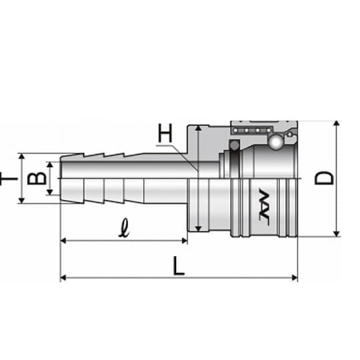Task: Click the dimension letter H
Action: (165, 133)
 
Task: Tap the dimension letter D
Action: (324, 178)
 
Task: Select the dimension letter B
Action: (37, 179)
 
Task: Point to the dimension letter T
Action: (9, 179)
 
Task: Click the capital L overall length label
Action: (179, 266)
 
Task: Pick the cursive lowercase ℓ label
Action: (124, 228)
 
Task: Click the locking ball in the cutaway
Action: (276, 142)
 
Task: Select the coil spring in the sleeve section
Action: (252, 131)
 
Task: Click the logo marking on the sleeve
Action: (264, 204)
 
